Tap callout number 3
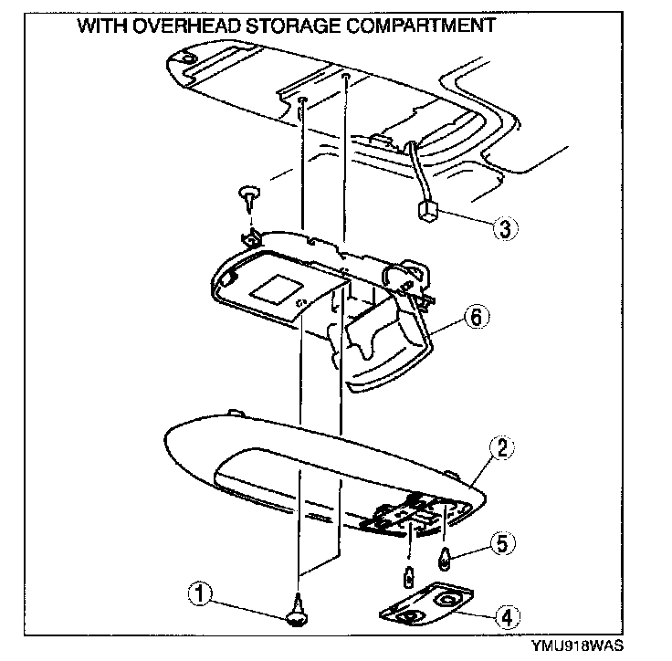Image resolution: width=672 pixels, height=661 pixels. point(503,227)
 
